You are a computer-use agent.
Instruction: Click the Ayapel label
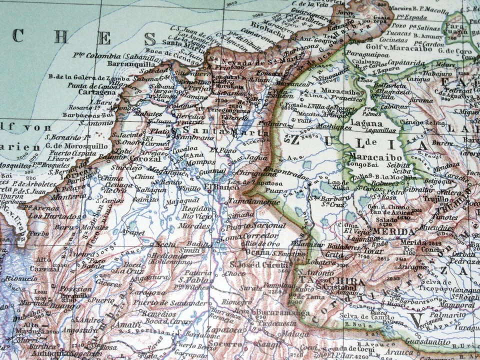point(133,232)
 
